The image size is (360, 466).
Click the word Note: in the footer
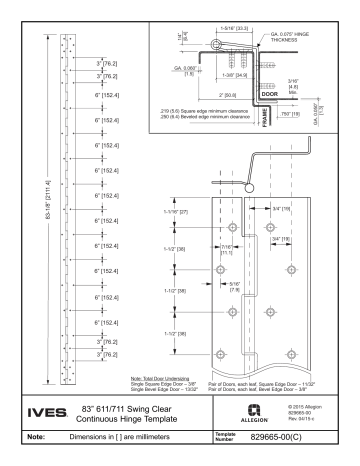37,434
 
